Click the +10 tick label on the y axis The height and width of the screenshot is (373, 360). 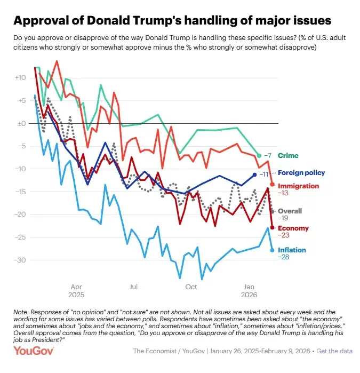pos(20,78)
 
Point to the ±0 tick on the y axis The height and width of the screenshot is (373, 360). pos(22,123)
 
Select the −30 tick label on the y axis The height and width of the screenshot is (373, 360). pos(21,260)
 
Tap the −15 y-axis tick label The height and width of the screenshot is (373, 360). pos(21,192)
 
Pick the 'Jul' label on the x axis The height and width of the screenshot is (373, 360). pos(133,286)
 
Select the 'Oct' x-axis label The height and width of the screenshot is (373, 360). pos(191,286)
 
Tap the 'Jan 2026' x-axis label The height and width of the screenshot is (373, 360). pos(249,290)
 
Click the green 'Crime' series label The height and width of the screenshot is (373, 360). pos(288,155)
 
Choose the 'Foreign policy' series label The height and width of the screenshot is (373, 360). pos(301,173)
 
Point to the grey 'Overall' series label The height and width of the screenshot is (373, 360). pos(290,211)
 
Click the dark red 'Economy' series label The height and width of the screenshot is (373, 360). pos(293,228)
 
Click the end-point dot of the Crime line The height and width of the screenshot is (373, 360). pos(259,155)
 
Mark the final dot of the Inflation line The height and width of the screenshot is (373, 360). pos(273,250)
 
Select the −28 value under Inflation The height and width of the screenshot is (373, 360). pos(284,257)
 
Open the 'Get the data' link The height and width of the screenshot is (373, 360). pos(334,351)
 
